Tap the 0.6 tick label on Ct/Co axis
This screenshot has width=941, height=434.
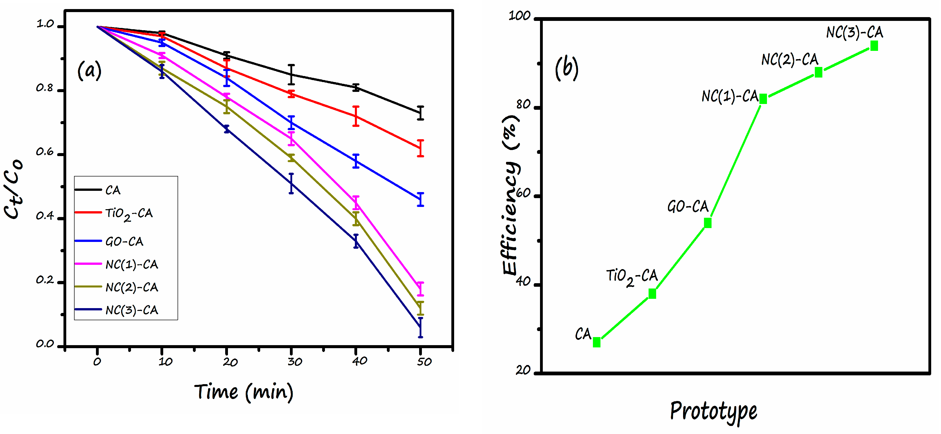point(45,152)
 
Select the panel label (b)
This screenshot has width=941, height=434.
point(566,68)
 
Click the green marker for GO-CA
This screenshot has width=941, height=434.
point(708,223)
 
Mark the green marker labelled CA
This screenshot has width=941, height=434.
point(596,342)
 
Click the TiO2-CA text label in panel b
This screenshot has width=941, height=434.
point(632,277)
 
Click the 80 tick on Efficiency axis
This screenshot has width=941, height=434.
point(523,105)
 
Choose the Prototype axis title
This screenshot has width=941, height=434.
point(713,411)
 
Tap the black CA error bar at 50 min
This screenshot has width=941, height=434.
point(420,113)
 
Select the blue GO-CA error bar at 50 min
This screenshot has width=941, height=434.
point(420,199)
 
